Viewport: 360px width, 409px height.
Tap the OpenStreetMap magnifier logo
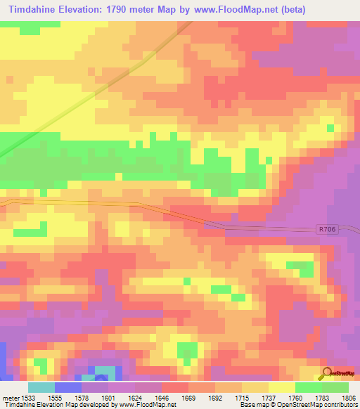click(327, 373)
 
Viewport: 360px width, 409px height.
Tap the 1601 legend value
click(108, 397)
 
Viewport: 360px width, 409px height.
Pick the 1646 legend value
click(161, 397)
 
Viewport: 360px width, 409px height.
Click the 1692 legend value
click(214, 397)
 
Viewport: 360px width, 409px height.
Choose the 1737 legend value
click(268, 397)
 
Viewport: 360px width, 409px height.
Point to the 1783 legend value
click(321, 397)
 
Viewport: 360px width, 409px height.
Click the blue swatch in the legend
click(67, 387)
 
